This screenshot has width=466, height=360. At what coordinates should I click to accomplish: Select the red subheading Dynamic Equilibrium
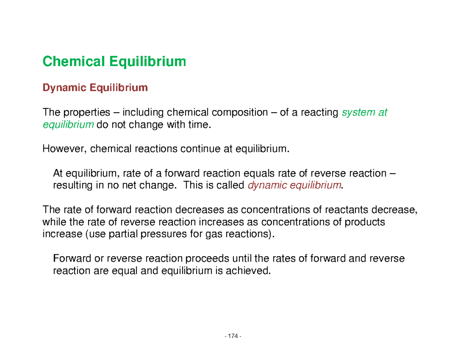95,88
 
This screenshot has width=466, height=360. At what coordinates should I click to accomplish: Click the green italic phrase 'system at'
364,113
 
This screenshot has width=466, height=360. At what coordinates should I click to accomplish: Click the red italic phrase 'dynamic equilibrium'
295,185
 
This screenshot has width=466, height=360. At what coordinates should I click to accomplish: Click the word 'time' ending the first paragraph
203,125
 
